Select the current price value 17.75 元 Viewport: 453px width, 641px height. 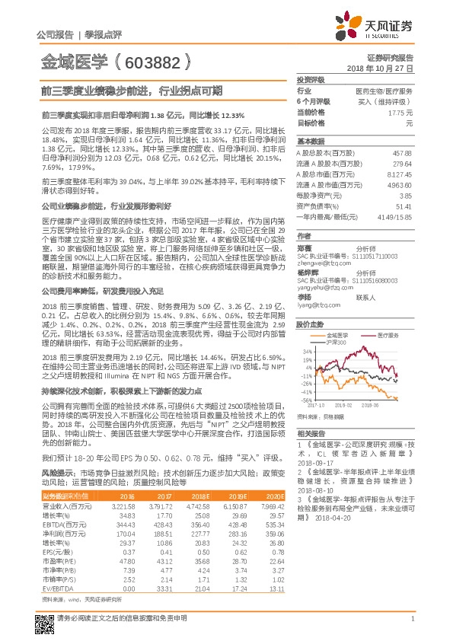[400, 111]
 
